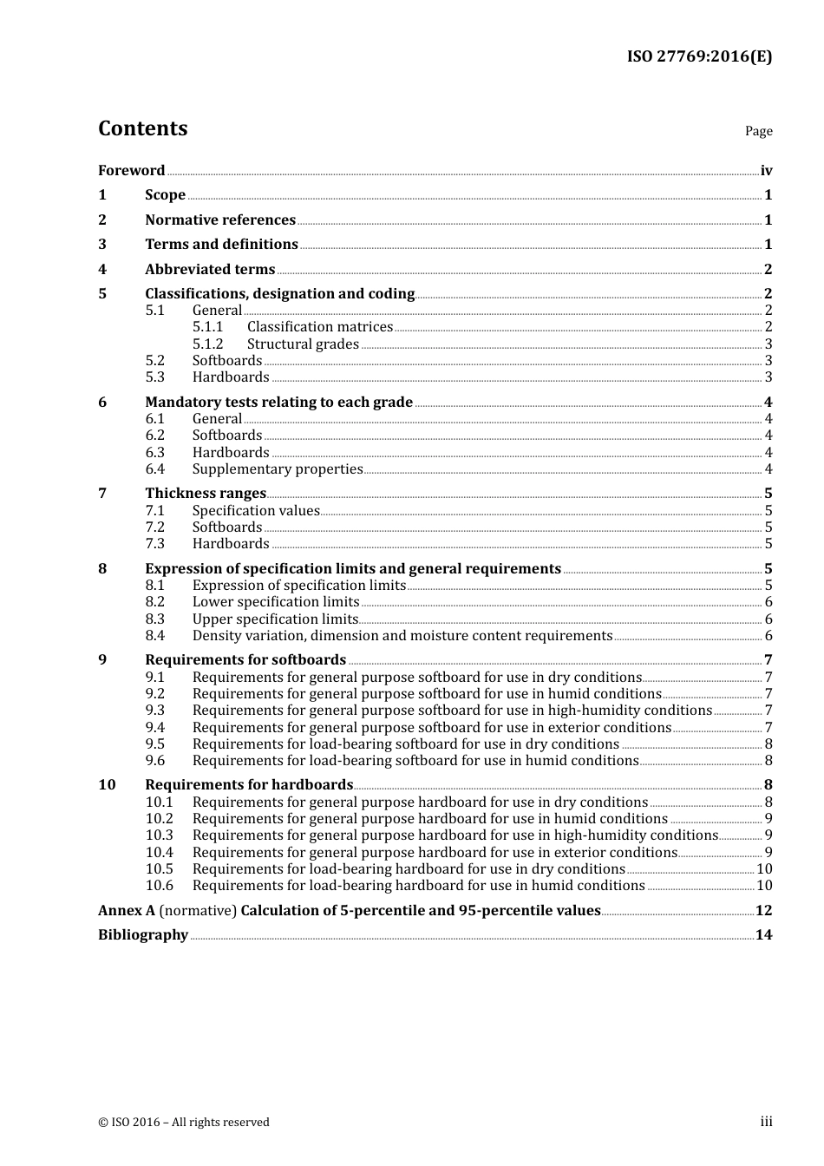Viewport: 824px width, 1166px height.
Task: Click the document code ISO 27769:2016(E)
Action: [699, 56]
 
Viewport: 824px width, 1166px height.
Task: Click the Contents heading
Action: [142, 128]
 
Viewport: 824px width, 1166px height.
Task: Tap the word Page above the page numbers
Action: [758, 131]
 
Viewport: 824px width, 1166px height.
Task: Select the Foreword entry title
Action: [131, 171]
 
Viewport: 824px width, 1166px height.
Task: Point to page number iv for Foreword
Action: [766, 171]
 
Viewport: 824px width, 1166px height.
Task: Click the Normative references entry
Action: [220, 220]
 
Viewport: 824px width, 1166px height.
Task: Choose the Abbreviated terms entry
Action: [210, 270]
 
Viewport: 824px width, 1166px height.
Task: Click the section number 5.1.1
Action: [207, 327]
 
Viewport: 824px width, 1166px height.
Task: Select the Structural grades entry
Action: [303, 344]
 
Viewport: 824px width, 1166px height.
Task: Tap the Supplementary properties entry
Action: [278, 469]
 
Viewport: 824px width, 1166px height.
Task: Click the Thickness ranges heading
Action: [206, 494]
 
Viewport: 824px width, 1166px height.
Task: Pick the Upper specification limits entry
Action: [275, 619]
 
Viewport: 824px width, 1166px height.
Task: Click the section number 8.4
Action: [154, 636]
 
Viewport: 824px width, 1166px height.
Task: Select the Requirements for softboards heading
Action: [245, 660]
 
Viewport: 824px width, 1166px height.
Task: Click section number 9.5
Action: [154, 744]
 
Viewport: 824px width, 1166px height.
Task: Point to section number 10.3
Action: [159, 835]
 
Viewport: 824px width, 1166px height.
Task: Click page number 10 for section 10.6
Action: [764, 886]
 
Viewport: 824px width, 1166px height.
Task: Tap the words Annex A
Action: [126, 911]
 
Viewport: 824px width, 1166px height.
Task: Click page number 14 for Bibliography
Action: [763, 935]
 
